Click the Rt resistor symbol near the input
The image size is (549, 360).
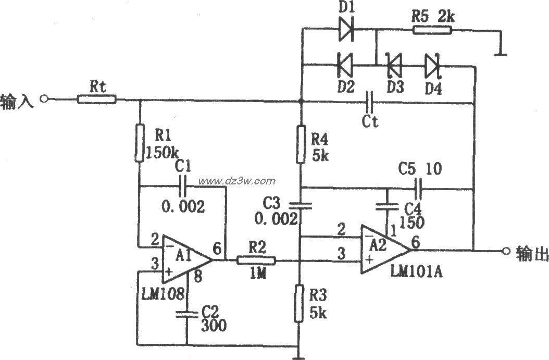coord(97,99)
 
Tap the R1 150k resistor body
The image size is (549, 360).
coord(140,143)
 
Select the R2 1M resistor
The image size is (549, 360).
coord(256,259)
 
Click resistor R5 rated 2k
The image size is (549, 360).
coord(432,30)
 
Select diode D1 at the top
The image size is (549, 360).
coord(346,30)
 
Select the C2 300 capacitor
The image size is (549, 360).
coord(187,314)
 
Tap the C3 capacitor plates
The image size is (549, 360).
coord(301,206)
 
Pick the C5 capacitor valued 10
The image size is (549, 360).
coord(418,187)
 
